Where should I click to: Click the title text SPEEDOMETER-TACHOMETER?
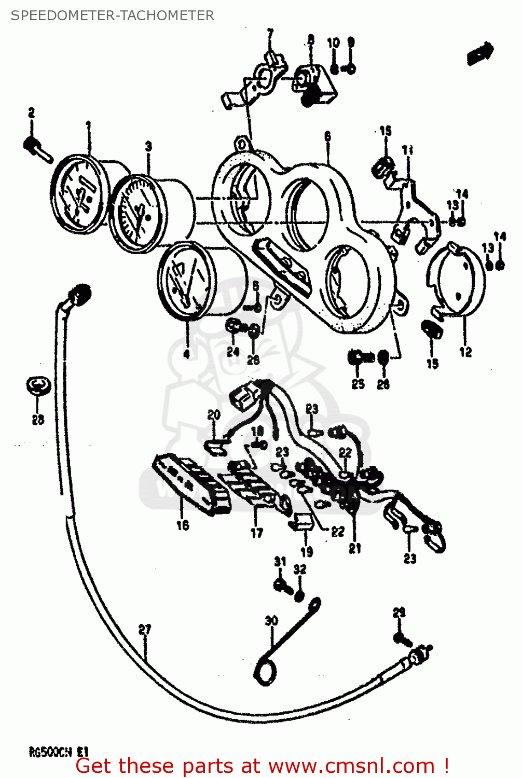click(x=112, y=16)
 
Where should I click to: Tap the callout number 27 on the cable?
click(x=145, y=630)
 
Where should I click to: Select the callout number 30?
click(x=271, y=620)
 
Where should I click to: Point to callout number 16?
click(x=183, y=525)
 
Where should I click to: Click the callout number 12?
click(x=465, y=352)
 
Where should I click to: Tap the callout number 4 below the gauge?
click(x=186, y=354)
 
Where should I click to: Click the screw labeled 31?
click(x=282, y=585)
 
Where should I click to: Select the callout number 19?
click(x=307, y=552)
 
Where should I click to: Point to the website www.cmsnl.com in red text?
click(x=351, y=766)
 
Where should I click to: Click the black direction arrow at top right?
click(x=480, y=53)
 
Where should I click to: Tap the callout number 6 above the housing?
click(x=327, y=136)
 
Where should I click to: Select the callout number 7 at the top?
click(x=270, y=34)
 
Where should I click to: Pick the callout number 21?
click(x=355, y=548)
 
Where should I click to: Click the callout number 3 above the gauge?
click(x=149, y=146)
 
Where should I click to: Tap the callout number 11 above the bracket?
click(x=408, y=150)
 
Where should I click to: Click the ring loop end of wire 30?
click(x=265, y=673)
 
